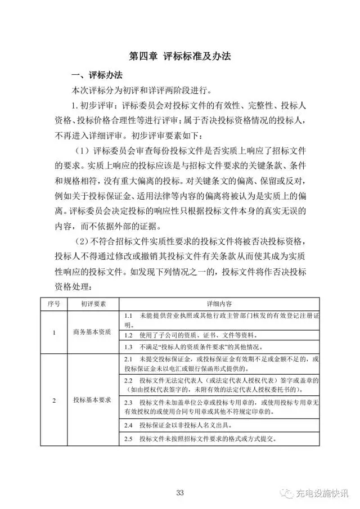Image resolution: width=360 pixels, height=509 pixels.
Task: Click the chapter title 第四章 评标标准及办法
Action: point(180,56)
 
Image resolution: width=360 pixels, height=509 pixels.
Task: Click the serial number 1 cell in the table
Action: point(53,332)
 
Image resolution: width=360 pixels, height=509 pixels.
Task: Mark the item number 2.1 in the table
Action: point(128,359)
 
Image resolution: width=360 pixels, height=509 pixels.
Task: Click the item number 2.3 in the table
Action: point(128,403)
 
